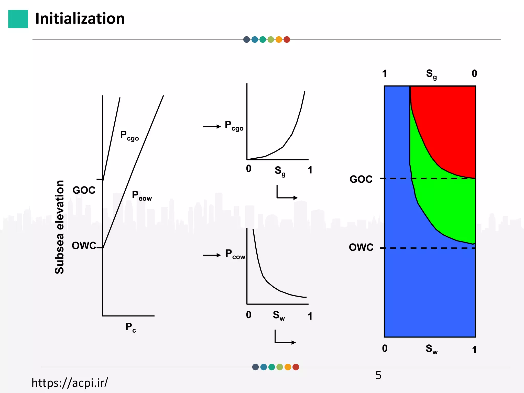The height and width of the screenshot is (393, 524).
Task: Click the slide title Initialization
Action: [x=80, y=19]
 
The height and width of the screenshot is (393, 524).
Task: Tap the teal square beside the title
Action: [x=18, y=19]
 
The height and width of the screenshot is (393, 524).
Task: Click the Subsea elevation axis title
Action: [x=59, y=227]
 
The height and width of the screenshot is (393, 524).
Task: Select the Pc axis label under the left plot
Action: [x=130, y=327]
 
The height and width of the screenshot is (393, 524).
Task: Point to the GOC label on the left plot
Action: [x=84, y=190]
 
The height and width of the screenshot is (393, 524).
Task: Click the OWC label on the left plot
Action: [x=84, y=246]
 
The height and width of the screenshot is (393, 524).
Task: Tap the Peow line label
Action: [x=142, y=196]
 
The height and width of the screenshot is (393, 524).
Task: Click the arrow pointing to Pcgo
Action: [x=212, y=126]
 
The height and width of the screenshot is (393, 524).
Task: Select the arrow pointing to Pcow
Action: [x=212, y=255]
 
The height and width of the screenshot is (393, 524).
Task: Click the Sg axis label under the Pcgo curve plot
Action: [x=280, y=171]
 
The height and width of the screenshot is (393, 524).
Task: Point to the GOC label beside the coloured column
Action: [x=361, y=179]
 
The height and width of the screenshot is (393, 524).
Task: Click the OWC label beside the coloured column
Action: [x=361, y=247]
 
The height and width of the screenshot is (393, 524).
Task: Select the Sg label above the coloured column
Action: [x=431, y=74]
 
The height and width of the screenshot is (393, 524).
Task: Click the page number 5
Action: [x=378, y=375]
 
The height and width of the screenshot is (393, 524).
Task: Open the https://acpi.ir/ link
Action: [x=70, y=383]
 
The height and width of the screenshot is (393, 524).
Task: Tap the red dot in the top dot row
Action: [x=287, y=40]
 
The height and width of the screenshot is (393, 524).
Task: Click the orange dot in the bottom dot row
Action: [x=288, y=367]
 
